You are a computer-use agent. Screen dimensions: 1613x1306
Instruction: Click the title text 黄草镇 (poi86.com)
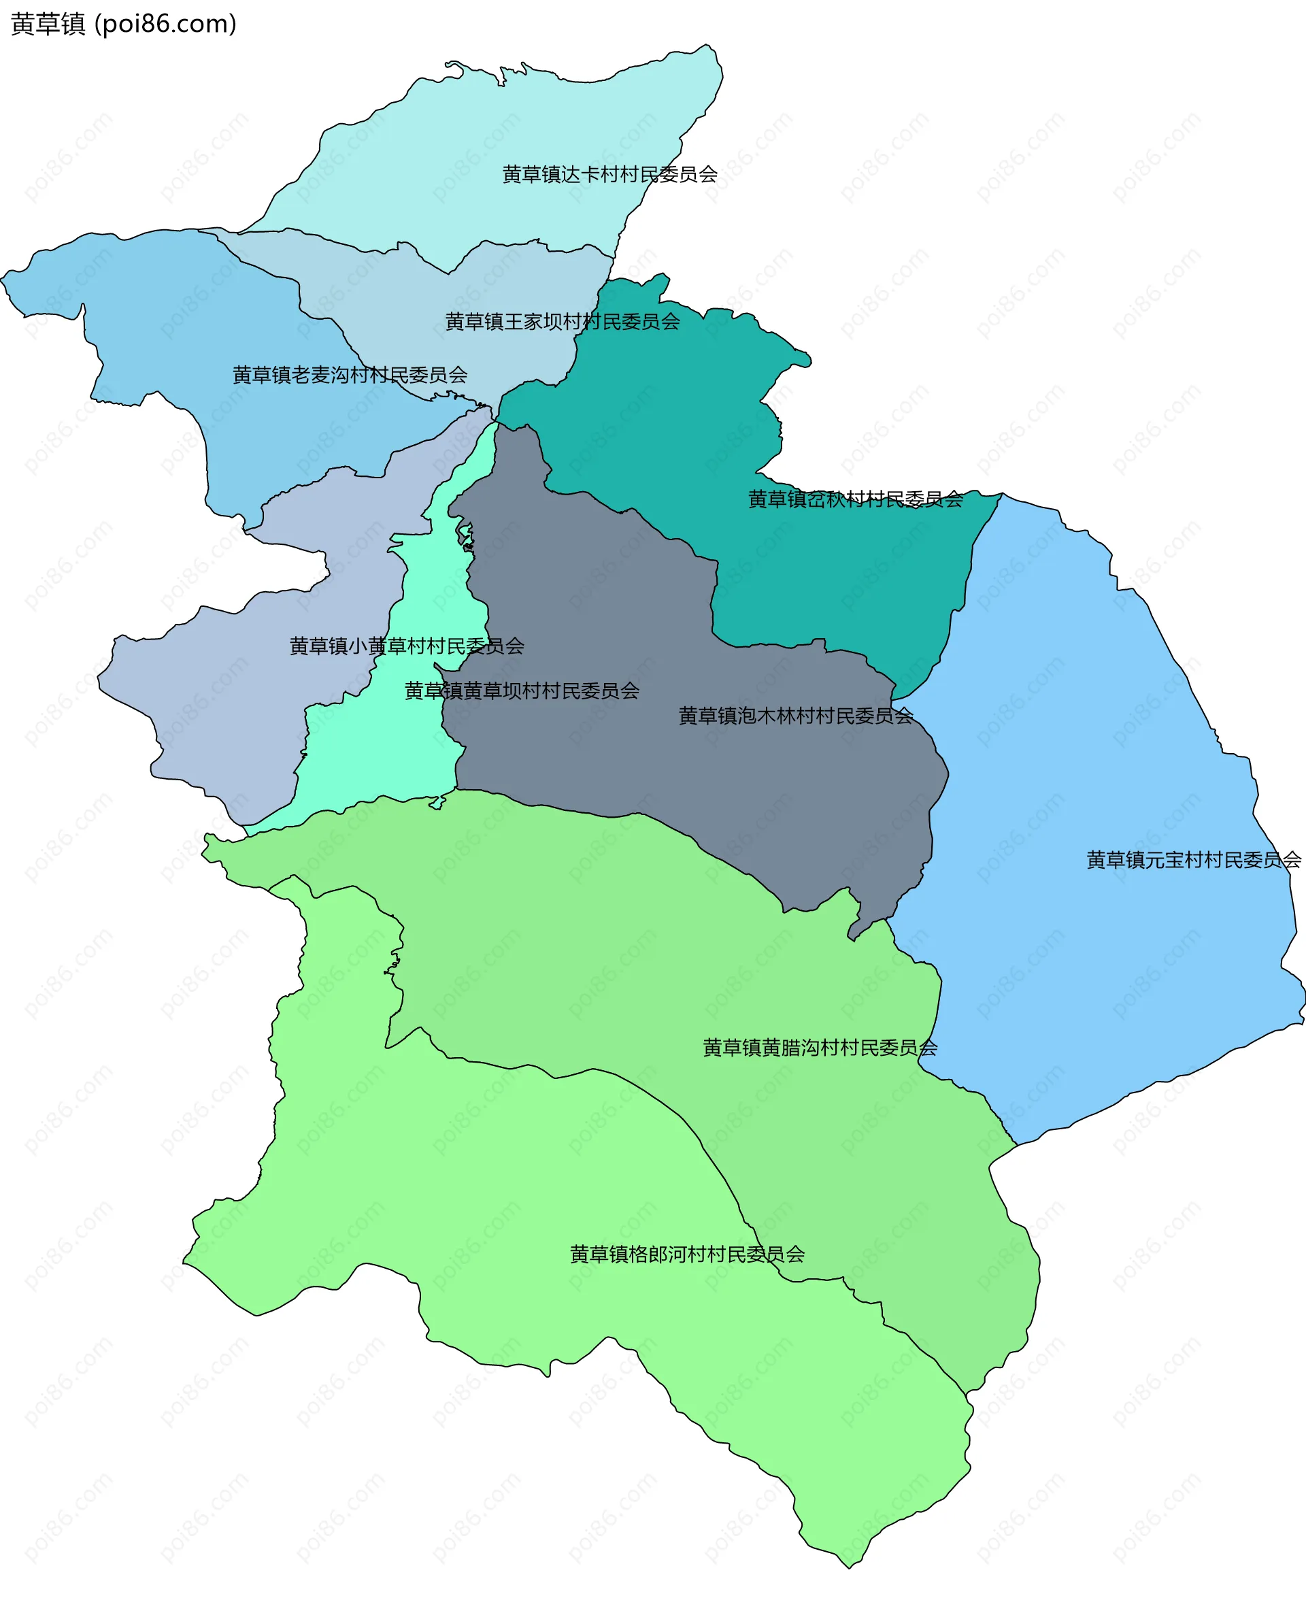coord(123,24)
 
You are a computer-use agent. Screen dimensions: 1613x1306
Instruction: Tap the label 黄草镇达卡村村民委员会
coord(609,175)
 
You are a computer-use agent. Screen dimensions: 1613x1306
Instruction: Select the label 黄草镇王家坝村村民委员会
coord(562,322)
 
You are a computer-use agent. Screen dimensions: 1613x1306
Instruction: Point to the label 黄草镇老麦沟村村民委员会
coord(350,375)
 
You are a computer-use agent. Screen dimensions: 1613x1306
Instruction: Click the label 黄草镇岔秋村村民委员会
coord(856,499)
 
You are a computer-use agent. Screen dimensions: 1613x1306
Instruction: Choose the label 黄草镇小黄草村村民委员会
coord(406,646)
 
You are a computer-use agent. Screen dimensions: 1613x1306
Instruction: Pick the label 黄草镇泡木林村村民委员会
coord(795,716)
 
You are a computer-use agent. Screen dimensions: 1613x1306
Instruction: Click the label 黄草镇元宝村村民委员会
coord(1193,859)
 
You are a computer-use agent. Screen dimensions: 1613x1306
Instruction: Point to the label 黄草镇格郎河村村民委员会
coord(687,1254)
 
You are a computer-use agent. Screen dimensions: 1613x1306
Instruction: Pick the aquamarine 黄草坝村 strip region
coord(376,752)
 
